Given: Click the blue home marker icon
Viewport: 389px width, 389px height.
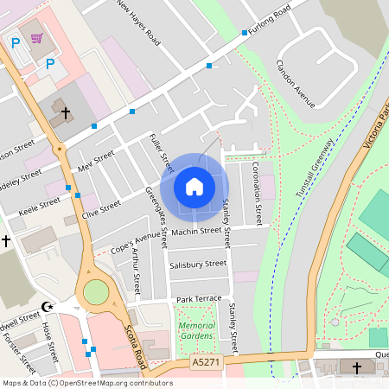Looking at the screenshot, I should (x=194, y=186).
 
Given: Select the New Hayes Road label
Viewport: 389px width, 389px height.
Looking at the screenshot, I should (x=138, y=22).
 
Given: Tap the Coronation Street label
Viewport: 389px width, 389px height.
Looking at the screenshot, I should (x=256, y=190).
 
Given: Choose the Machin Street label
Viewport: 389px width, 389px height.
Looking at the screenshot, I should (x=195, y=232).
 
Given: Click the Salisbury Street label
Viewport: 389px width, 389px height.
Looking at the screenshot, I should (x=198, y=264).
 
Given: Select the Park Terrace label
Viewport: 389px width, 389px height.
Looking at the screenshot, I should (x=199, y=298).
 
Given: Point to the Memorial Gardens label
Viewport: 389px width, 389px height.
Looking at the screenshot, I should (x=197, y=330).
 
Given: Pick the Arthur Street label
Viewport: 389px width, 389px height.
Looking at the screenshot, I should (x=136, y=272).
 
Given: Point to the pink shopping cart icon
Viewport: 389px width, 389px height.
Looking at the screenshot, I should (x=36, y=38).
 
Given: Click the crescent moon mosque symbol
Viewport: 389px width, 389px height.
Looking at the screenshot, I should (x=47, y=306).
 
